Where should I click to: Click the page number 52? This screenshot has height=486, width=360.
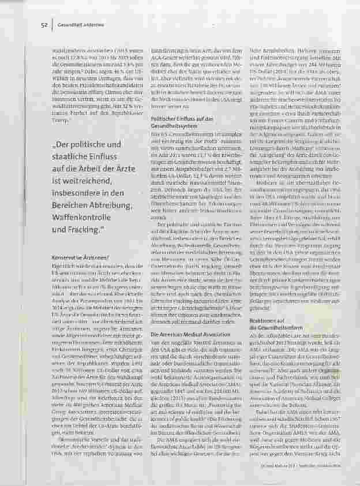point(44,25)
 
